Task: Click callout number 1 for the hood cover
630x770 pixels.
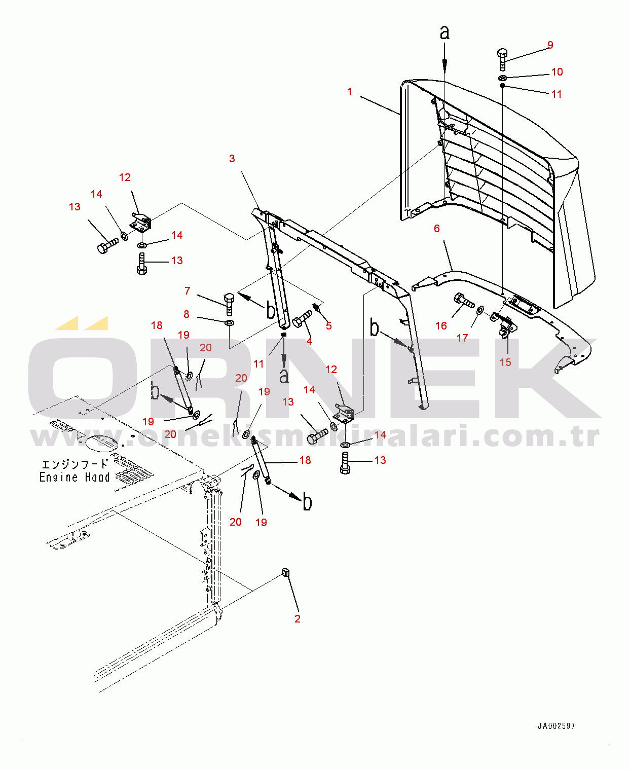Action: click(349, 92)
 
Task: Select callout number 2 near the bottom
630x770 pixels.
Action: click(298, 618)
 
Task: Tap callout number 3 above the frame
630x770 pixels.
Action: click(232, 159)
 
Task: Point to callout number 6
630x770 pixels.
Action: click(437, 229)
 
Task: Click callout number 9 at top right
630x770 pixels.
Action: click(550, 45)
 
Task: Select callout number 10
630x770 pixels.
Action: click(557, 72)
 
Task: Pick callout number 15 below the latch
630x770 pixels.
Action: click(505, 362)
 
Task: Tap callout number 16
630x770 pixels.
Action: click(441, 325)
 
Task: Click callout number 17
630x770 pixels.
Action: click(462, 338)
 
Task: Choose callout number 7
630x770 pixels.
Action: click(188, 291)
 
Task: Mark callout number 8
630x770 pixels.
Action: click(187, 314)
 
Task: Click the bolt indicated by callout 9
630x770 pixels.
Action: click(502, 59)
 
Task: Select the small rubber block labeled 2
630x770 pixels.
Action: click(286, 572)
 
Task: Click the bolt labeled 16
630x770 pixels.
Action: click(464, 301)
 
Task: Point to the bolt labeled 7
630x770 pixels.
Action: click(229, 303)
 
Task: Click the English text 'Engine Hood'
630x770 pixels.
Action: click(75, 477)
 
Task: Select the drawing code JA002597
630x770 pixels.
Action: click(556, 726)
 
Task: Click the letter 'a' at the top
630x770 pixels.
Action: click(444, 32)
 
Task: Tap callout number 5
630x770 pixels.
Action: click(329, 326)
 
